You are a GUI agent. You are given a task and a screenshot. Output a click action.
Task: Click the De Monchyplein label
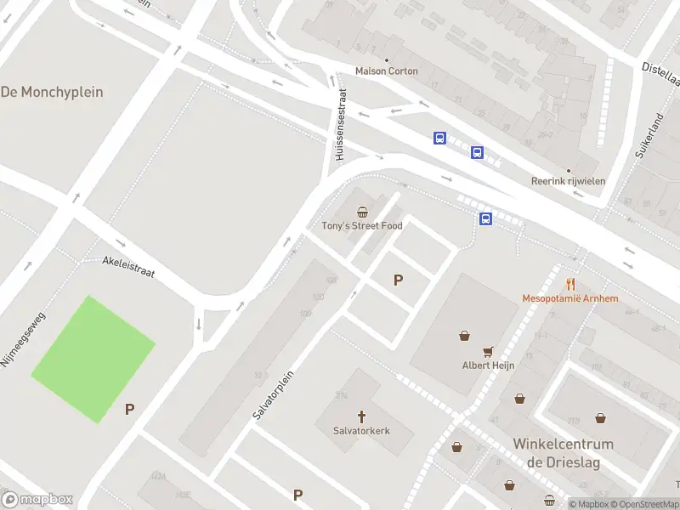click(x=52, y=91)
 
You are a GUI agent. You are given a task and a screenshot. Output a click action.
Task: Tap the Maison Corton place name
click(x=386, y=71)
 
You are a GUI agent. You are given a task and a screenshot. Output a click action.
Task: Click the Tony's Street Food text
click(x=362, y=225)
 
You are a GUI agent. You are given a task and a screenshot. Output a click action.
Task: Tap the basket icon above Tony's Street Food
click(x=362, y=212)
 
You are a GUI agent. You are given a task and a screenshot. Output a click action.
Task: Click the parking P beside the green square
click(x=130, y=409)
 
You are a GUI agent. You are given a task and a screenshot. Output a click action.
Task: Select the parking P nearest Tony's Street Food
click(x=397, y=280)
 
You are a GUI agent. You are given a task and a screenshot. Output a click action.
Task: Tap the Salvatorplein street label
click(x=274, y=394)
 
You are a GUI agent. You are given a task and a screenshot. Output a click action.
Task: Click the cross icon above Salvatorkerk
click(x=361, y=416)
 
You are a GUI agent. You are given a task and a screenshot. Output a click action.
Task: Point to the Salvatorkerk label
click(x=361, y=431)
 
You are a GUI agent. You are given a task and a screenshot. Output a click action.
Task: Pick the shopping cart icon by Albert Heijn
click(x=488, y=350)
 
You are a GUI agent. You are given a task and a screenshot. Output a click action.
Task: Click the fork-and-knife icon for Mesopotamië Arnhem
click(x=570, y=284)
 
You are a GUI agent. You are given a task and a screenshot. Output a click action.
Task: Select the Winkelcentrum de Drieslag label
click(x=563, y=453)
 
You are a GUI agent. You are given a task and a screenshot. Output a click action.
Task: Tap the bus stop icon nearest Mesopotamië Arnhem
click(x=485, y=218)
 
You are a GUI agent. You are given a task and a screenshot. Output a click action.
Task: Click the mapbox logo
click(x=37, y=500)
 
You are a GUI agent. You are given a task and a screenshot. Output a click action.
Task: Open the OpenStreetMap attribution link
click(x=643, y=504)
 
